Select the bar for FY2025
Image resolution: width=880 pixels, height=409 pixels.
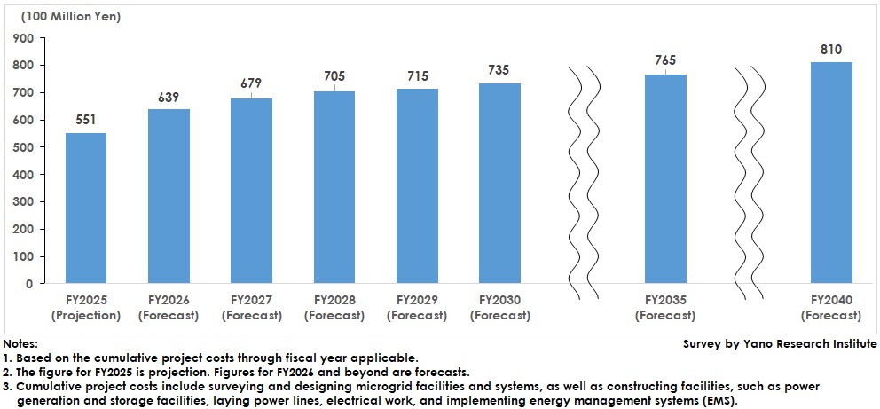[86, 208]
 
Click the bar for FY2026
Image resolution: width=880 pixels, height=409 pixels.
[169, 196]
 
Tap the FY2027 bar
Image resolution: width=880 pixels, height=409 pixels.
[251, 191]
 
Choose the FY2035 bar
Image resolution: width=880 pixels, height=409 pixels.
[665, 179]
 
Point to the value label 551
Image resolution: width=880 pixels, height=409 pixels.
[86, 121]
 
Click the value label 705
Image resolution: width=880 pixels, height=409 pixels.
[334, 75]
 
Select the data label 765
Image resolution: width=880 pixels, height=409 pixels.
[665, 60]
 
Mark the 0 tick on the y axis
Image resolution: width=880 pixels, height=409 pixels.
[29, 284]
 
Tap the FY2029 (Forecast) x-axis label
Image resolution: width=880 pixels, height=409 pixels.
[417, 308]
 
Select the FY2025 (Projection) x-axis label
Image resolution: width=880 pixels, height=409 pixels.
[86, 308]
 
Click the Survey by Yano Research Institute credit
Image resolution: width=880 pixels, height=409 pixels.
[780, 343]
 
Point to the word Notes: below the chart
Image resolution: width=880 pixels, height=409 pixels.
[20, 343]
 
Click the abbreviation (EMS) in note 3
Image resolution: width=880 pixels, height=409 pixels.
[719, 401]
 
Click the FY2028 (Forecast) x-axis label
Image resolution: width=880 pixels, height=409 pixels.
[334, 308]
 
